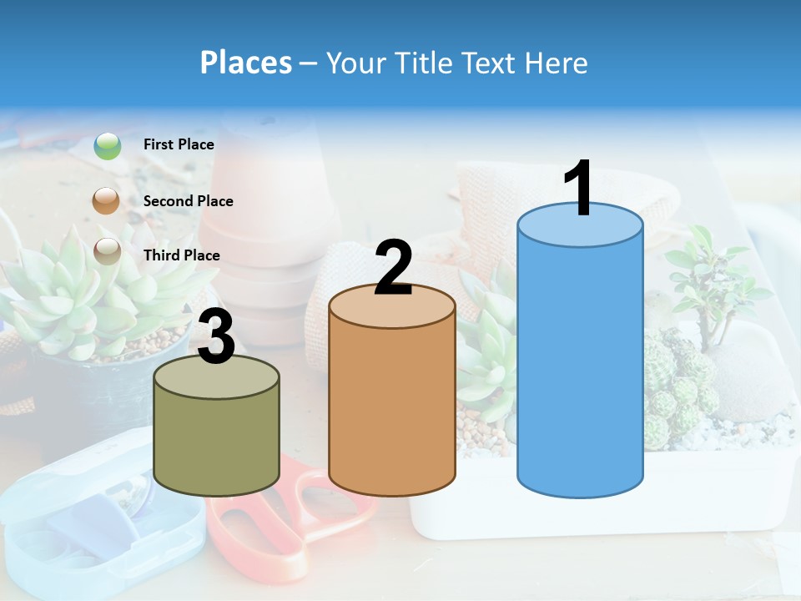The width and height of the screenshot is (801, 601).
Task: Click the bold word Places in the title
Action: (245, 63)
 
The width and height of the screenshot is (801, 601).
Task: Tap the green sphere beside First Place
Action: (108, 146)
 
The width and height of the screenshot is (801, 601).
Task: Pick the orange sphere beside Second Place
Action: (107, 201)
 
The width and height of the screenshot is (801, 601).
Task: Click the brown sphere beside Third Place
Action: (107, 251)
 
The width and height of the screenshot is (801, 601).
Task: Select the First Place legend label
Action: (179, 144)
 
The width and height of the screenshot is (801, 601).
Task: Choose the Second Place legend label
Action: (188, 201)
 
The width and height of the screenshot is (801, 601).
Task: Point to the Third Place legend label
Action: (181, 255)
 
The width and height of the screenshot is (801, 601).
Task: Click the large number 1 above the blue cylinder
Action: (578, 189)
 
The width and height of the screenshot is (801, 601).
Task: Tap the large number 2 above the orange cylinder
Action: (393, 268)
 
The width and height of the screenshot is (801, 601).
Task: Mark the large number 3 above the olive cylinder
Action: (216, 337)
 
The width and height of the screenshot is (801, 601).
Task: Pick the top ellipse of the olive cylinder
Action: (217, 377)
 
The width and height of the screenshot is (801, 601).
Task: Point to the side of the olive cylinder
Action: (217, 442)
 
